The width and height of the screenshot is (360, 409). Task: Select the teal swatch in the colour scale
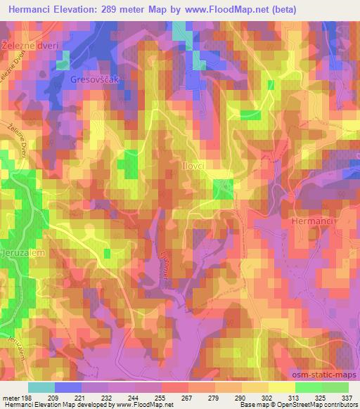pyautogui.click(x=41, y=387)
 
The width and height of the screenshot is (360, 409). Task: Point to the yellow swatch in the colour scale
pyautogui.click(x=280, y=387)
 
